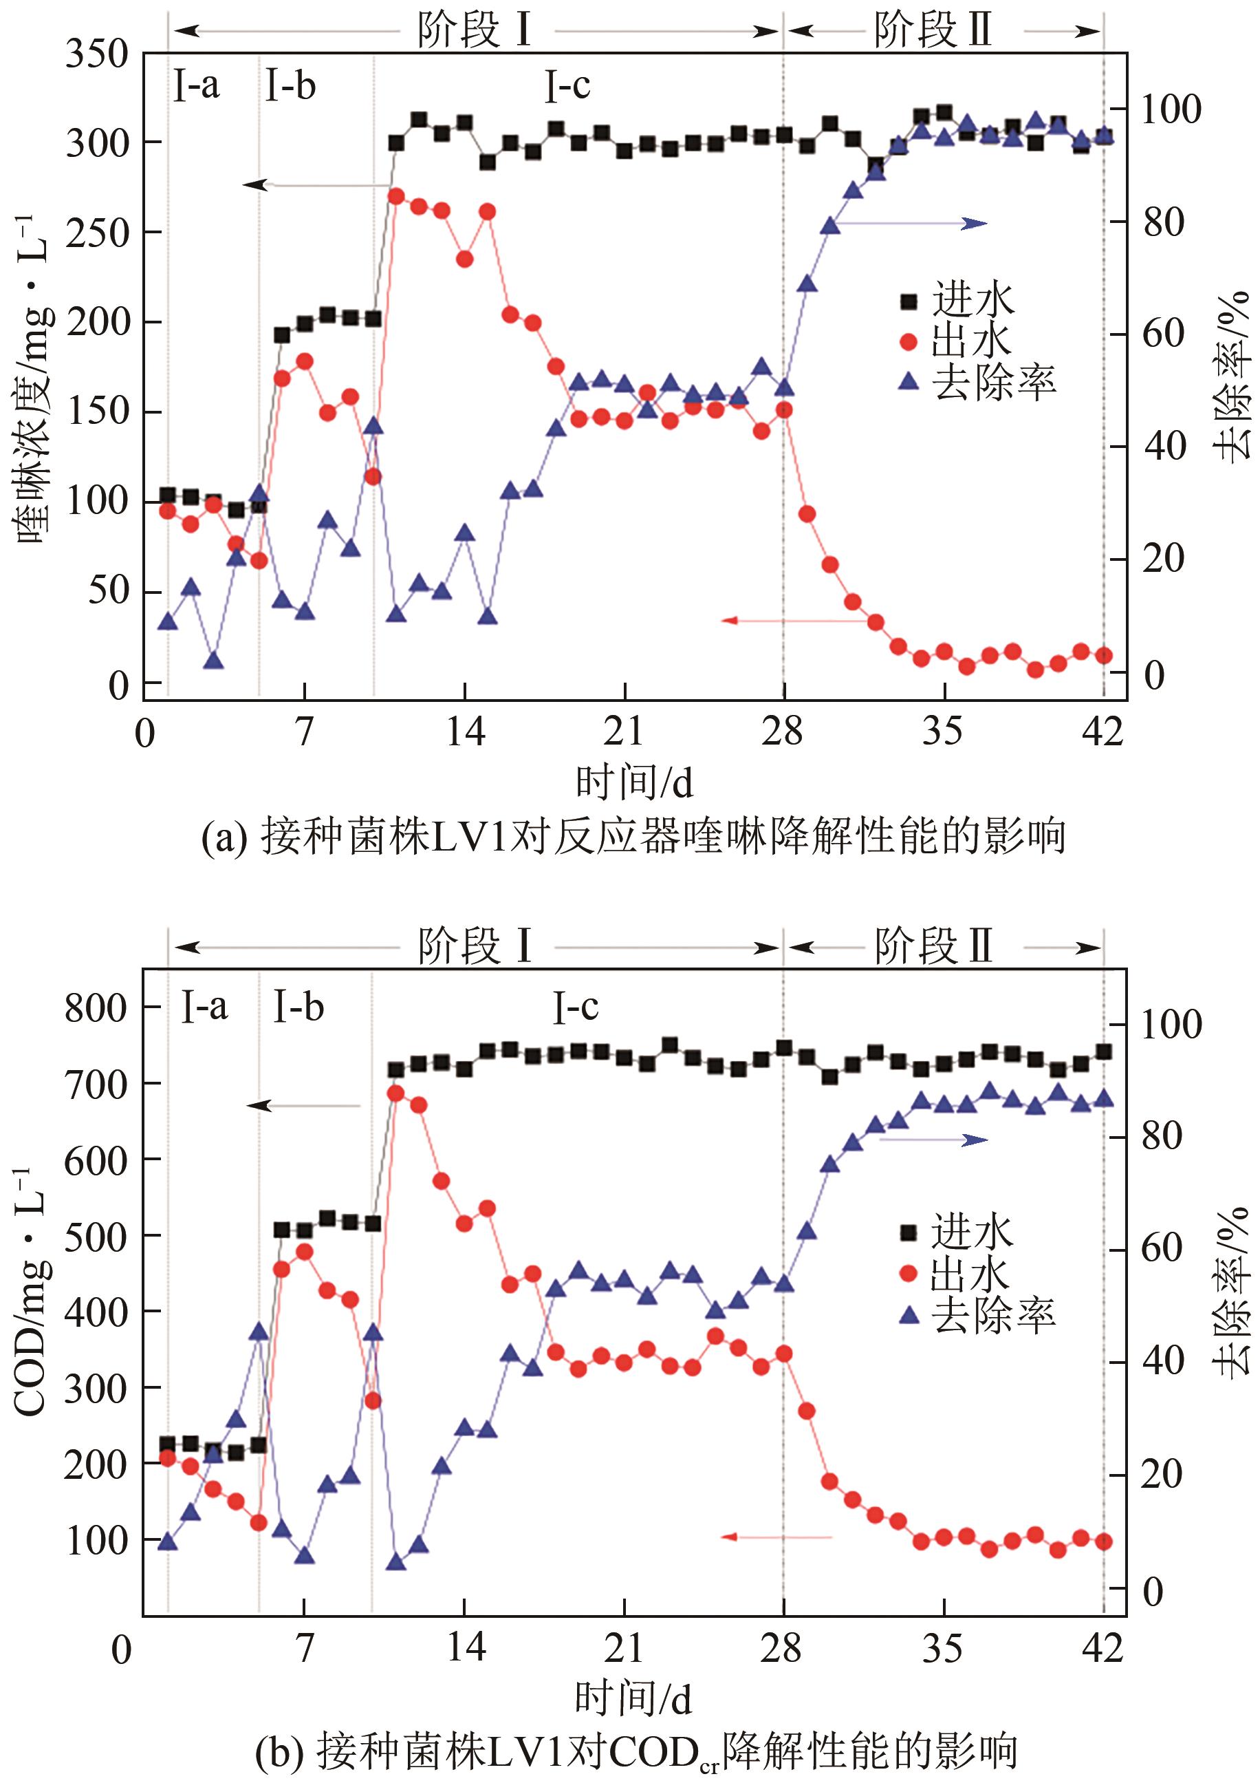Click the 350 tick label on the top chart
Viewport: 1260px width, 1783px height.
(x=96, y=55)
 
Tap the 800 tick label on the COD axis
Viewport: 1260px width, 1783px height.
(x=96, y=1009)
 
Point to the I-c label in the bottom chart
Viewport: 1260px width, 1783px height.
(x=575, y=1007)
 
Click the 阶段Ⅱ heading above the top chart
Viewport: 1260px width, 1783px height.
(x=933, y=30)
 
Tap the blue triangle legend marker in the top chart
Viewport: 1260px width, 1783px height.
(x=908, y=381)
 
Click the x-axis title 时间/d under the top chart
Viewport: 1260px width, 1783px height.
(x=633, y=781)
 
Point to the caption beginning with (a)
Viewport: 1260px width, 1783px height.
(x=632, y=837)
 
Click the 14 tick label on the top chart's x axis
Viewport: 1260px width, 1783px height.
(x=465, y=732)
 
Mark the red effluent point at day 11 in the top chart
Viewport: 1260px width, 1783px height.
(x=396, y=195)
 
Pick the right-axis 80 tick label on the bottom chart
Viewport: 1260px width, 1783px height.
(x=1162, y=1137)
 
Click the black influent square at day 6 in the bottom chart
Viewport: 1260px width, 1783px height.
(x=282, y=1230)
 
